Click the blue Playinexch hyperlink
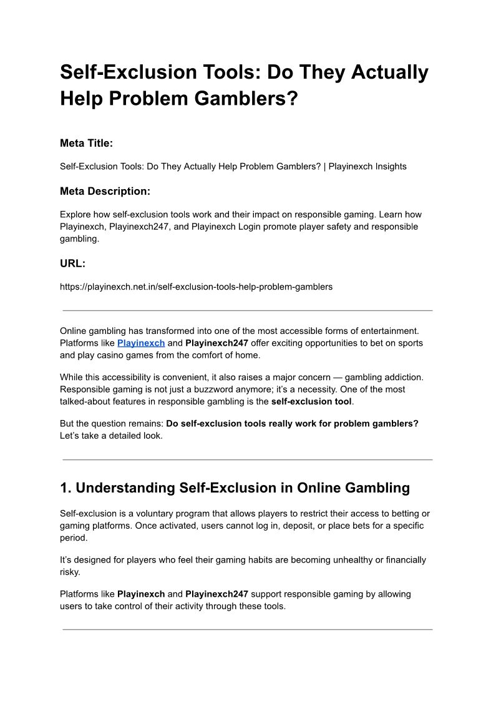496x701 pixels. [x=141, y=343]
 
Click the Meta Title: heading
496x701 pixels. [x=86, y=143]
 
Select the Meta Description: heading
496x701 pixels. [x=105, y=191]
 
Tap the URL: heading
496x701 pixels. [x=72, y=263]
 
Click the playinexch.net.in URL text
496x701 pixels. [x=196, y=287]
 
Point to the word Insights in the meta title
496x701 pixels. [x=387, y=167]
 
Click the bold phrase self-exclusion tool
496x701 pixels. [x=311, y=401]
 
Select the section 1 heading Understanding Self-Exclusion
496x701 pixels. [x=235, y=488]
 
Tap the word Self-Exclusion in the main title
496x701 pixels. [x=128, y=72]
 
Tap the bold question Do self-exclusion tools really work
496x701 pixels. [x=292, y=423]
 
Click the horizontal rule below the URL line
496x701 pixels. [x=248, y=310]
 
